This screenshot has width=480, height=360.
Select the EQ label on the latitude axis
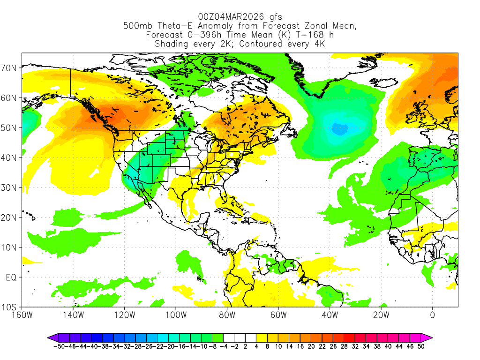[x=11, y=277]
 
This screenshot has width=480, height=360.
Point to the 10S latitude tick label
[x=10, y=307]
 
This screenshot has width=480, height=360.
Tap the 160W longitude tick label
[x=22, y=315]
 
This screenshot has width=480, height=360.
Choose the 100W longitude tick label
[x=176, y=315]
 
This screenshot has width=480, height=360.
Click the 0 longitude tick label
[x=432, y=315]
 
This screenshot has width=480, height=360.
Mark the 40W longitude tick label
[x=330, y=315]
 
